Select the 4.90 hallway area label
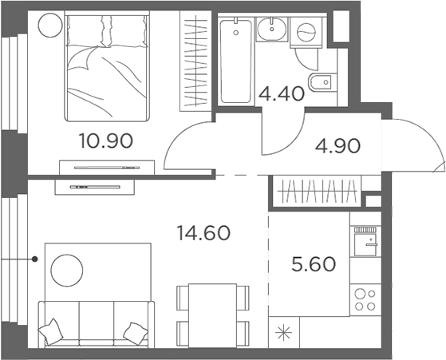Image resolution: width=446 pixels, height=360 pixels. click(x=337, y=146)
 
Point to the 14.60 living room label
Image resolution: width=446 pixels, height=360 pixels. click(x=203, y=233)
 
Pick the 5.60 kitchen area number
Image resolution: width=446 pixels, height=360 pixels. click(x=307, y=263)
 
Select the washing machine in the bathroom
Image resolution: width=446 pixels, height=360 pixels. click(x=306, y=32)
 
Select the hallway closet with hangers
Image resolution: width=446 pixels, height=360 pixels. click(x=314, y=192)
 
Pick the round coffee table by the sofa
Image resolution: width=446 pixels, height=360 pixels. click(x=66, y=271)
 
